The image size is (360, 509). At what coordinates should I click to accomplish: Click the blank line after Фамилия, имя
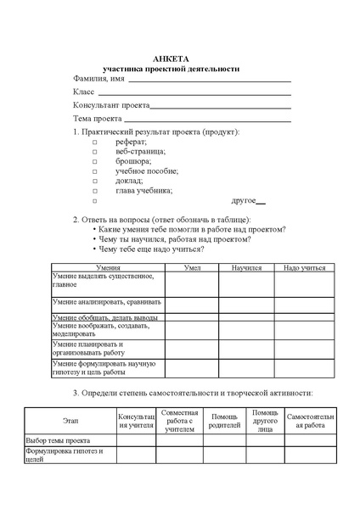(209, 80)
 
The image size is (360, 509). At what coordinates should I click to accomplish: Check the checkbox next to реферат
(95, 143)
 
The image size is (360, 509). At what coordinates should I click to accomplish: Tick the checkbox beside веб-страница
(95, 152)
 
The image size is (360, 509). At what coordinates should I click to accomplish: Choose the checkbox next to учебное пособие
(95, 171)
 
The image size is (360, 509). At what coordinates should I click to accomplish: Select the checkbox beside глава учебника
(95, 191)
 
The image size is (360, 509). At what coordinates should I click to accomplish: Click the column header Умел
(192, 267)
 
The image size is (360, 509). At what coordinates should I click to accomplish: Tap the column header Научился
(246, 267)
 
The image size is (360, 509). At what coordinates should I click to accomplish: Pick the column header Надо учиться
(304, 267)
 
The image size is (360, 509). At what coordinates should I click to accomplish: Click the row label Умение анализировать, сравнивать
(102, 301)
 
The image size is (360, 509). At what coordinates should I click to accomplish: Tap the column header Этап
(70, 422)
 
